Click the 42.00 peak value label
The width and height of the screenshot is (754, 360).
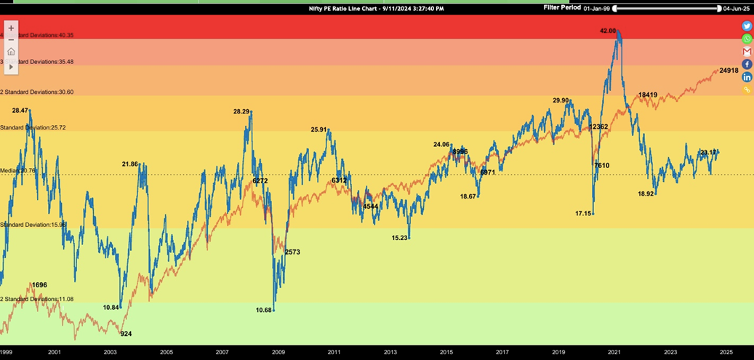608,31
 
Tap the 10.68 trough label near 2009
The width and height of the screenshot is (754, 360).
264,310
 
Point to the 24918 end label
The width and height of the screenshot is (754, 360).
729,71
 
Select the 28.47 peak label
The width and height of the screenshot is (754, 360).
20,111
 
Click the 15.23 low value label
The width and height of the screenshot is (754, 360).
399,238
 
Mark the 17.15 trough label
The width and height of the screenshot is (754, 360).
583,213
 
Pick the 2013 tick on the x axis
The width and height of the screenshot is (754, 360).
390,352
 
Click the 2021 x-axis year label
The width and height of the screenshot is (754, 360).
614,352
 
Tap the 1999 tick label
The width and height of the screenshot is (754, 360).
7,352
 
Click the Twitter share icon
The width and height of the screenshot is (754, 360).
747,26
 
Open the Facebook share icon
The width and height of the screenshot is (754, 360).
747,65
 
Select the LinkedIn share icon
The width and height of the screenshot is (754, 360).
747,77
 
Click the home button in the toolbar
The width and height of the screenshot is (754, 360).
11,52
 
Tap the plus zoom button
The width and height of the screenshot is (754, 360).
11,28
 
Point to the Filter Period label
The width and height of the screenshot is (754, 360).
562,8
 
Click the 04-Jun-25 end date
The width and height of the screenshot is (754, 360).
737,9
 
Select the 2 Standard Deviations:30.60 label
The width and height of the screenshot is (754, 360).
37,92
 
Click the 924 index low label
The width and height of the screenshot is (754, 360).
126,334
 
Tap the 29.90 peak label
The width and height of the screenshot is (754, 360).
561,100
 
